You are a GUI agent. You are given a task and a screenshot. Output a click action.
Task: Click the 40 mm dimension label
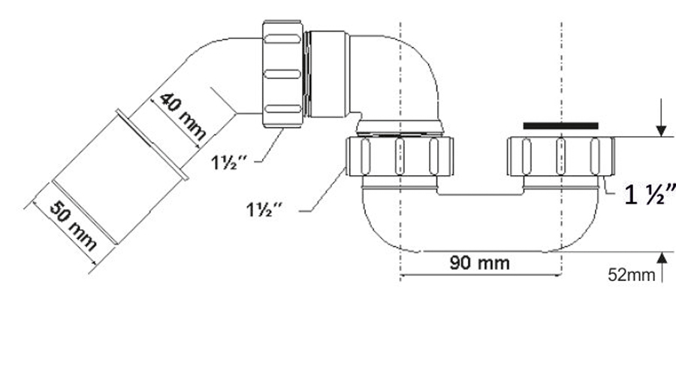[183, 116]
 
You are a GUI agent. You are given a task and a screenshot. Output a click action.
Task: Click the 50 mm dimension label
[74, 226]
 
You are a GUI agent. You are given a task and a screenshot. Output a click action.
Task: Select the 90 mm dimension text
[479, 262]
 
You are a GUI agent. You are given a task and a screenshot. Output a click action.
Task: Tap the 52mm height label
[631, 275]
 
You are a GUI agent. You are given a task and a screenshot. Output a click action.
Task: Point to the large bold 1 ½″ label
[650, 194]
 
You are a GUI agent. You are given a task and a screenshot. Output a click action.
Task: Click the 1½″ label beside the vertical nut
[229, 162]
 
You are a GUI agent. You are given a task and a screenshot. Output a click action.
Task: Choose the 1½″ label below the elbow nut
[264, 210]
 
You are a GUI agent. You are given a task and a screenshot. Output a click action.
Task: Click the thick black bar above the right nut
[561, 126]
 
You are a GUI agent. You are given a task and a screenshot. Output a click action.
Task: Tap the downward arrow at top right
[661, 118]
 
